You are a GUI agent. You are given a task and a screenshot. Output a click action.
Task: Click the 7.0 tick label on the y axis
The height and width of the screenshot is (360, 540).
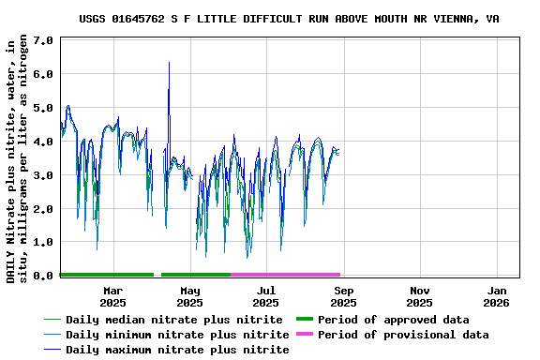click(x=42, y=40)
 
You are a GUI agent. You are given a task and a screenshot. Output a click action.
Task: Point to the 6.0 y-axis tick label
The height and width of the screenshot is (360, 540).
click(x=42, y=74)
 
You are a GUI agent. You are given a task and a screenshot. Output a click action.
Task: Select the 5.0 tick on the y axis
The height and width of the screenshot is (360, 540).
click(x=42, y=108)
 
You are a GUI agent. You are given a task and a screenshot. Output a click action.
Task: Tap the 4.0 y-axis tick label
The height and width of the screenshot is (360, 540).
click(x=42, y=142)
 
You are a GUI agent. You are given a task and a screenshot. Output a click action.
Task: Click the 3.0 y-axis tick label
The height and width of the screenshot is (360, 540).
click(x=42, y=175)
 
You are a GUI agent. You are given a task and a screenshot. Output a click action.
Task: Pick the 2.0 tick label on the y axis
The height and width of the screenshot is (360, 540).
click(x=42, y=209)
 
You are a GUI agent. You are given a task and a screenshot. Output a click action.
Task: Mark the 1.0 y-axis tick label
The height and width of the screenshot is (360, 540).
click(x=42, y=242)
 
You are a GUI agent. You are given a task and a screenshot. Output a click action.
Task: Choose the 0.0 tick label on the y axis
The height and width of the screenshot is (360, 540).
click(x=42, y=276)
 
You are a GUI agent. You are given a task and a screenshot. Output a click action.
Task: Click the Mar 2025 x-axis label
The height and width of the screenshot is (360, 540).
click(x=112, y=296)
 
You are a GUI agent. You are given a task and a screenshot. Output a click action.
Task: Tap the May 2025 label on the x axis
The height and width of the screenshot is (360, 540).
click(x=189, y=296)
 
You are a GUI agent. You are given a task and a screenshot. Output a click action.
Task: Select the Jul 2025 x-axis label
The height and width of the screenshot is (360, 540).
click(x=266, y=296)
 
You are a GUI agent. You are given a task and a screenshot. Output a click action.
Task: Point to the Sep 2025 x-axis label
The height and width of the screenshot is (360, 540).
click(x=343, y=296)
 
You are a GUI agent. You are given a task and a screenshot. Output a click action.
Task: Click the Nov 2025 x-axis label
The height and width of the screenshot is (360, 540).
click(x=420, y=296)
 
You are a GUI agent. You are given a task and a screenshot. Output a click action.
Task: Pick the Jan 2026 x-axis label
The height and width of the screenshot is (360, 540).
click(x=497, y=296)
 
